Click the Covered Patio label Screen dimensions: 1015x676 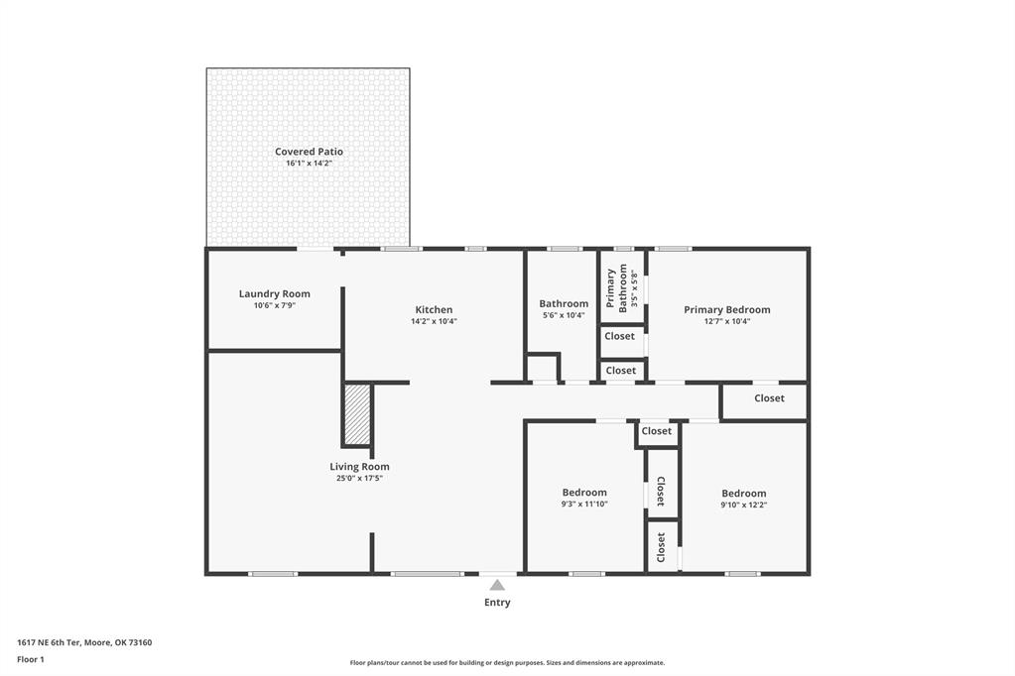click(309, 152)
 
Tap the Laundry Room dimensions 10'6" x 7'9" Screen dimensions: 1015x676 click(275, 305)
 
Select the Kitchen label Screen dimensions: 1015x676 click(434, 310)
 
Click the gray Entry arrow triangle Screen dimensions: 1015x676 click(497, 586)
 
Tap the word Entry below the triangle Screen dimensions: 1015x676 click(497, 603)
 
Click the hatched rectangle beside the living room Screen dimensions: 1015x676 click(357, 414)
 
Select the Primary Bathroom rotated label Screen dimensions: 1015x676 click(617, 288)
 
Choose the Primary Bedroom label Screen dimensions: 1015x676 click(727, 310)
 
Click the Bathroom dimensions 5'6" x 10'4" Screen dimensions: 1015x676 click(564, 315)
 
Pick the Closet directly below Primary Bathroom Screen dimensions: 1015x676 click(619, 336)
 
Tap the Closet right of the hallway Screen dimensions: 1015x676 click(769, 397)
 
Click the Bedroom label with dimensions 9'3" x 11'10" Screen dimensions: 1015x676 click(584, 493)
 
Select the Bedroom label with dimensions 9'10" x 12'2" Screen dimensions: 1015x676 click(744, 493)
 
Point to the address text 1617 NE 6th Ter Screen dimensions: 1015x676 click(48, 642)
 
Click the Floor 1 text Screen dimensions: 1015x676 click(31, 660)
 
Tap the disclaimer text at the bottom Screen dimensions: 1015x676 click(508, 662)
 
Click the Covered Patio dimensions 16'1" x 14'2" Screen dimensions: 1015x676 click(309, 163)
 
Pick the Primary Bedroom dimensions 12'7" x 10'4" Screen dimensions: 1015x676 click(727, 321)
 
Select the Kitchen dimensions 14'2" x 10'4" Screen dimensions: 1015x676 click(434, 321)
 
